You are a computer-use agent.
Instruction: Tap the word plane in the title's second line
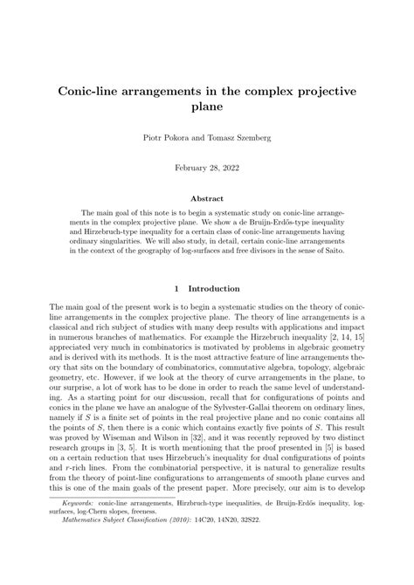(x=206, y=107)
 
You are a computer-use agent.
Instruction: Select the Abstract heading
(x=207, y=197)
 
